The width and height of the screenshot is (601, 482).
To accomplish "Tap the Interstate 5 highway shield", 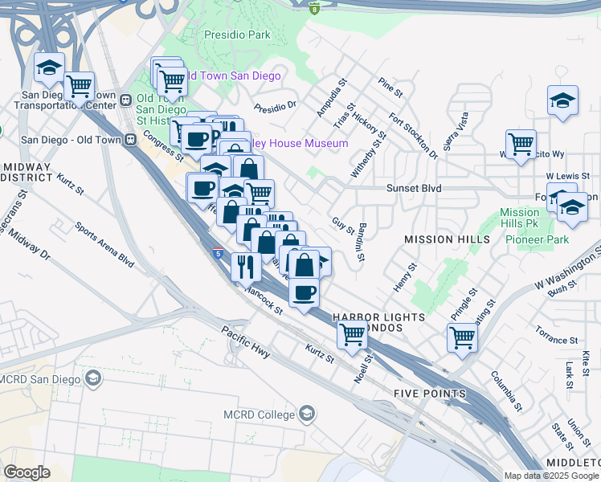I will pyautogui.click(x=219, y=254).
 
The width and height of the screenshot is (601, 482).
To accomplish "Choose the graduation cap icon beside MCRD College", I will pyautogui.click(x=305, y=414).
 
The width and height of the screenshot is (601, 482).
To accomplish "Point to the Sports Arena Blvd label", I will pyautogui.click(x=104, y=245).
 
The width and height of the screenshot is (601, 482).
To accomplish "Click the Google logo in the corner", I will pyautogui.click(x=27, y=472).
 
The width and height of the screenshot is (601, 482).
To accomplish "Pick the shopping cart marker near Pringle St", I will pyautogui.click(x=463, y=337).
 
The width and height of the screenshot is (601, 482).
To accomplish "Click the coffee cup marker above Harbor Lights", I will pyautogui.click(x=304, y=292).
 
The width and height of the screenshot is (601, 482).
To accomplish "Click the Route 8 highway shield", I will pyautogui.click(x=313, y=7).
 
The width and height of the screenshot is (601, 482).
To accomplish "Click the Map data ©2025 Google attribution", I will pyautogui.click(x=552, y=476).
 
